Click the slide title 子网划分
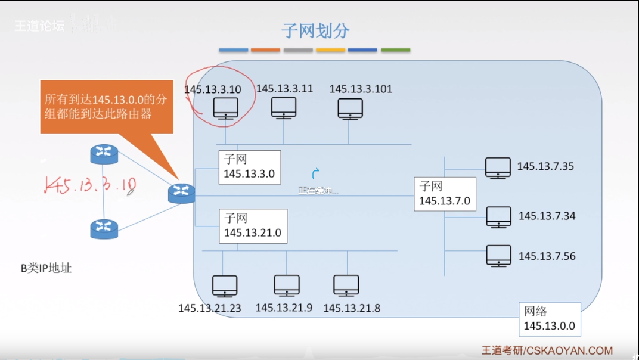pos(315,30)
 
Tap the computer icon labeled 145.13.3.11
pos(284,108)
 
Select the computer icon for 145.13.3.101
pos(350,109)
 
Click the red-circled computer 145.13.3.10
pos(225,108)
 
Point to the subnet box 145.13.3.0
pos(250,167)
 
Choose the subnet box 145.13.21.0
pos(253,226)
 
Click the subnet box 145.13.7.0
pos(445,194)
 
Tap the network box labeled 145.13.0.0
pos(549,319)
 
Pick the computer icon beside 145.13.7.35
pos(498,168)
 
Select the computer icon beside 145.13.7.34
pos(498,217)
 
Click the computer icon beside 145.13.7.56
pos(498,256)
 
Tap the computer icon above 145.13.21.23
pos(225,286)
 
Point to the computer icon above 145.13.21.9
pos(287,285)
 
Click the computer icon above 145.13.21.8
pos(346,285)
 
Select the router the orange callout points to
pos(181,193)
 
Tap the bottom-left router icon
pos(104,228)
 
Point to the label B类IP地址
pos(46,268)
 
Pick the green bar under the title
pos(395,50)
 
